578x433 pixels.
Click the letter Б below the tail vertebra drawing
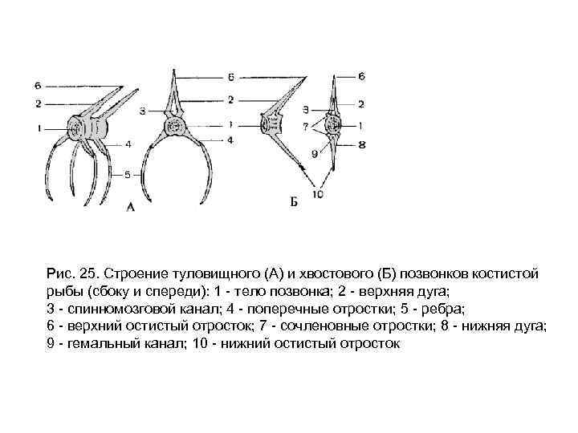click(294, 201)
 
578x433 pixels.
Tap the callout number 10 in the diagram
click(318, 194)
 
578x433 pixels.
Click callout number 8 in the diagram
click(361, 145)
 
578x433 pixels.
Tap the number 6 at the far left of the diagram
click(38, 83)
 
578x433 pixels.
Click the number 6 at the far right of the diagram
click(361, 76)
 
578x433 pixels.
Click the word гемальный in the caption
click(93, 344)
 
